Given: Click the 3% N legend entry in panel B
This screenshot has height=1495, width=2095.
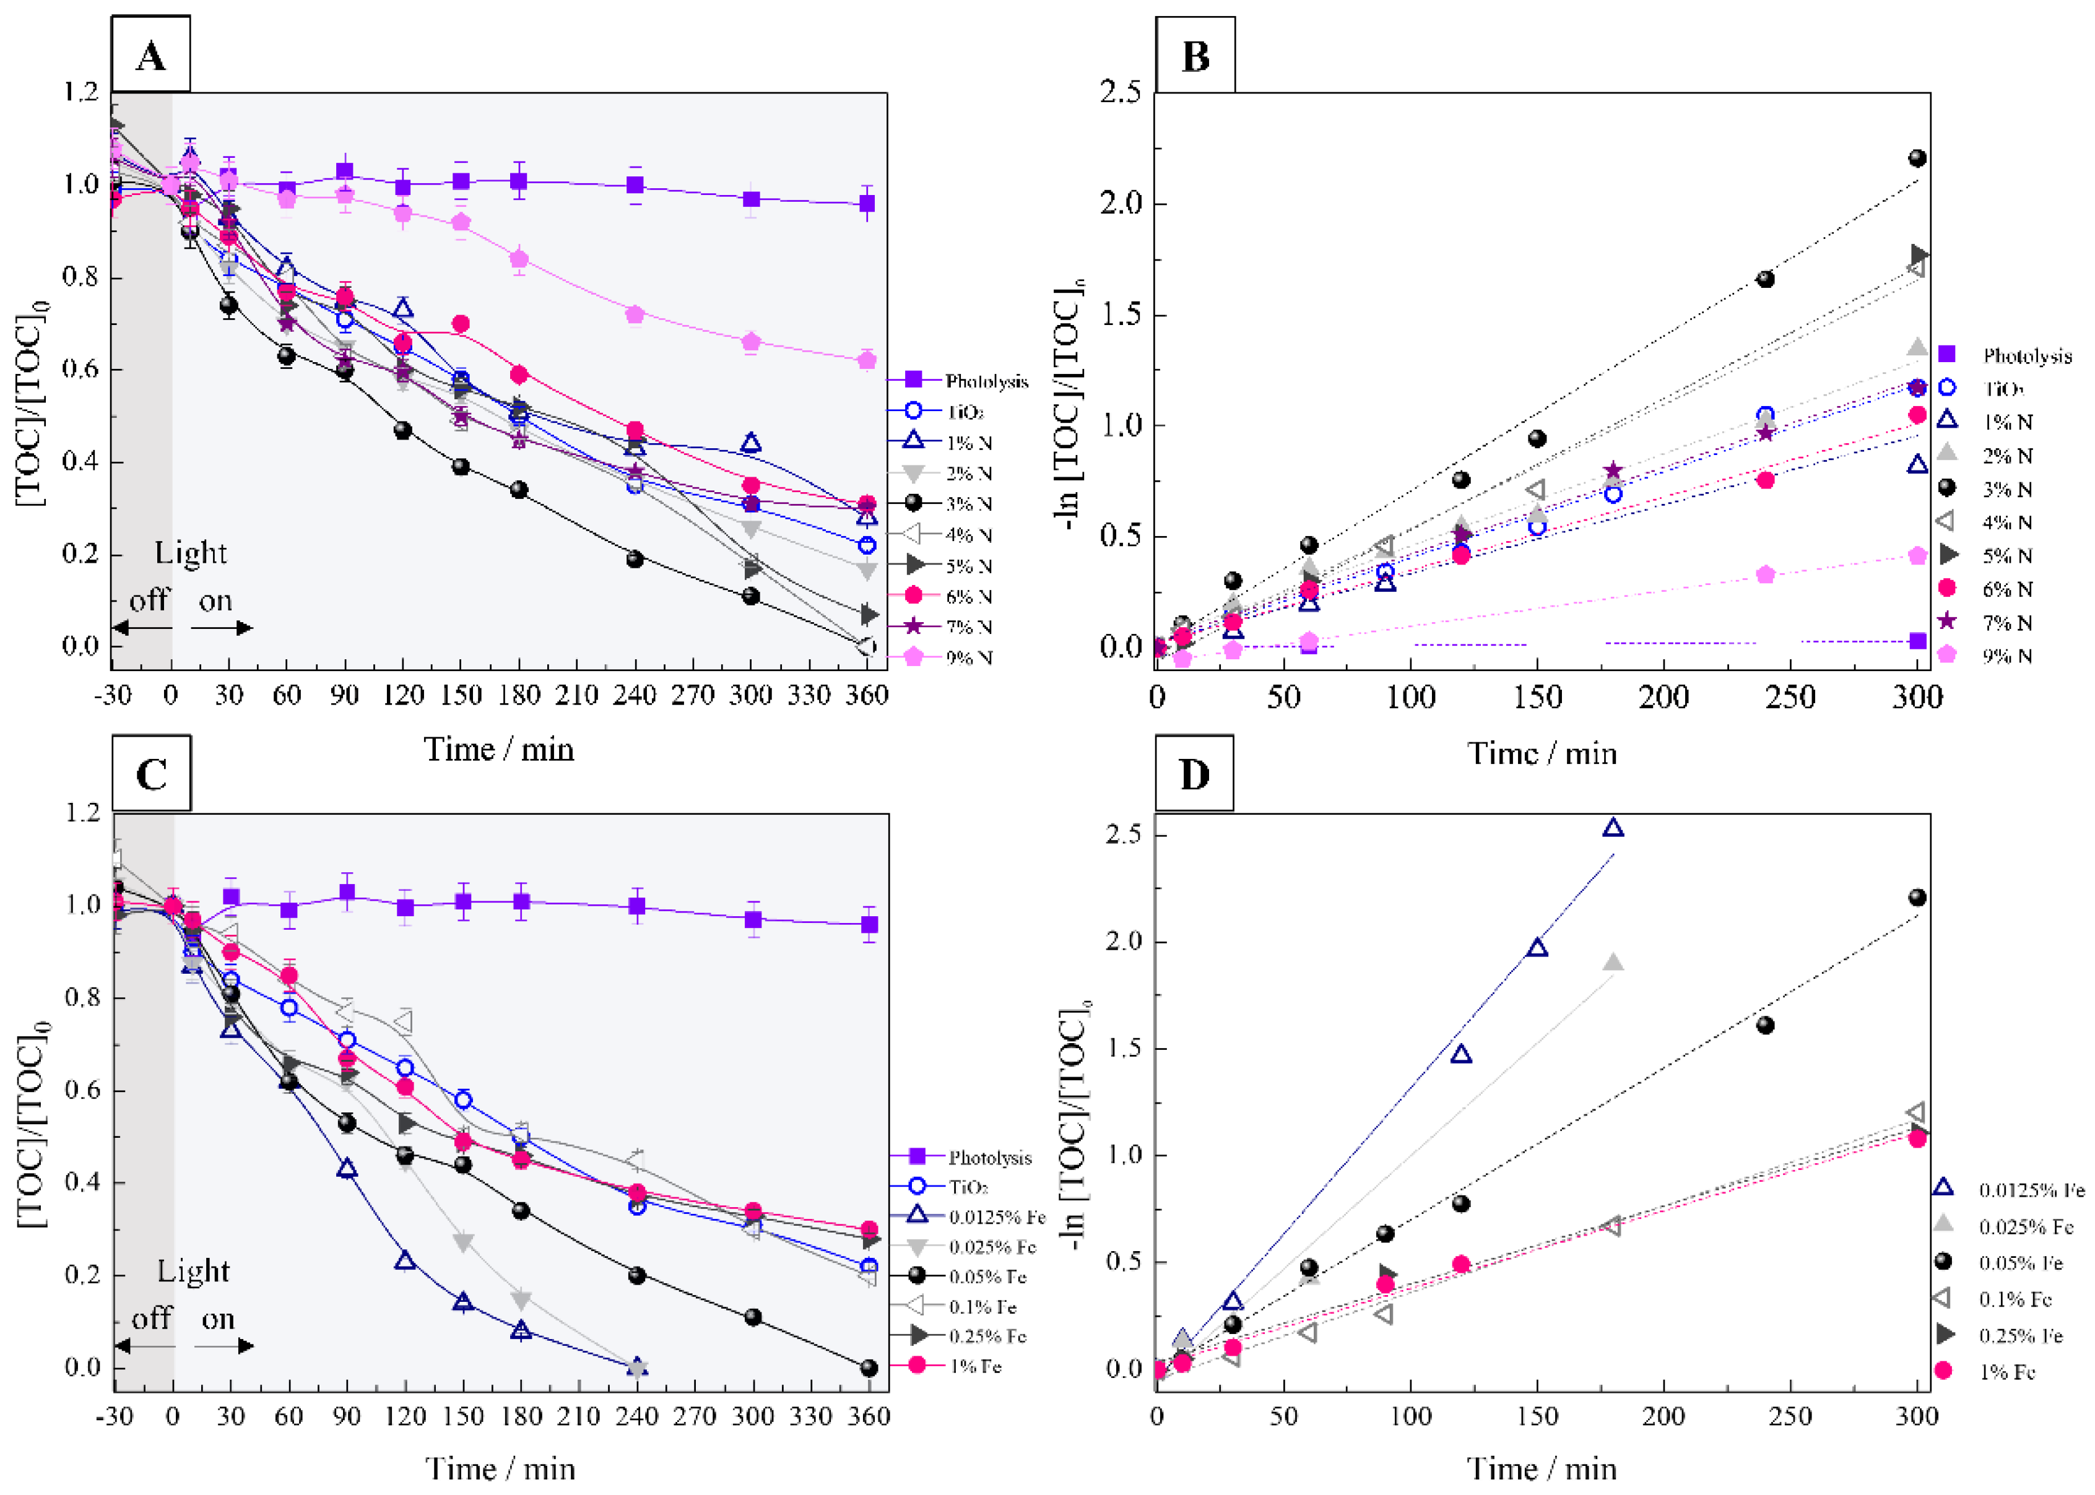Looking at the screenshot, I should tap(2006, 489).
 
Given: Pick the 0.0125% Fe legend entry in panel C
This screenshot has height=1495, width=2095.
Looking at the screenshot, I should tap(997, 1217).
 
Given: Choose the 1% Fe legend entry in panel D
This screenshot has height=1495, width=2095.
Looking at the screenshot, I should tap(2006, 1372).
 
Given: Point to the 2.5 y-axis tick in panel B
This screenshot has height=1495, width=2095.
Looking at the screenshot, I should tap(1120, 92).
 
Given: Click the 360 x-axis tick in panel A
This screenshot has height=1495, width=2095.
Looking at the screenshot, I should tap(866, 695).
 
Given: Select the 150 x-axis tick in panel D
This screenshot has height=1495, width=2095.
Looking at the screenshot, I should tap(1537, 1415).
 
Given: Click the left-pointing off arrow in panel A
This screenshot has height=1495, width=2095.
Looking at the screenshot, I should tap(142, 628).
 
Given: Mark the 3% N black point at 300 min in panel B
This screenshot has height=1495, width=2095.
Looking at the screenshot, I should tap(1917, 158).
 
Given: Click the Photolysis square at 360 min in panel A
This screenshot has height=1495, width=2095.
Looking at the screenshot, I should tap(866, 204).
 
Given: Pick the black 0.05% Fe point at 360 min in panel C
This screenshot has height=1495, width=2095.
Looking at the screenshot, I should tap(869, 1368).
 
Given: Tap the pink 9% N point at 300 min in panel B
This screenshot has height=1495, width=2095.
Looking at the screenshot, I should tap(1917, 556).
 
